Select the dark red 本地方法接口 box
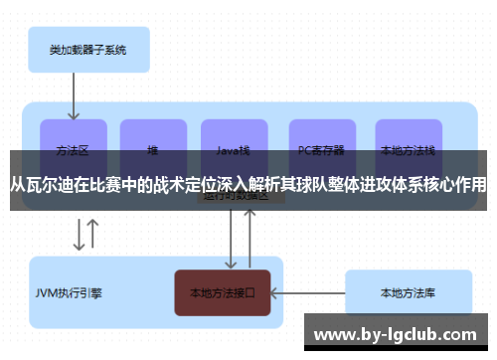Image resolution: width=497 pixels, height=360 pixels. point(223,293)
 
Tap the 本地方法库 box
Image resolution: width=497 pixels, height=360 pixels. point(407,293)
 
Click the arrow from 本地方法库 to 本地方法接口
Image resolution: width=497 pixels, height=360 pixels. point(307,293)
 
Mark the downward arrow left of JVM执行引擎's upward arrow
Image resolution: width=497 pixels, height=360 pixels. point(78,236)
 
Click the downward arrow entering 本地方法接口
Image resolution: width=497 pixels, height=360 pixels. point(232,239)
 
